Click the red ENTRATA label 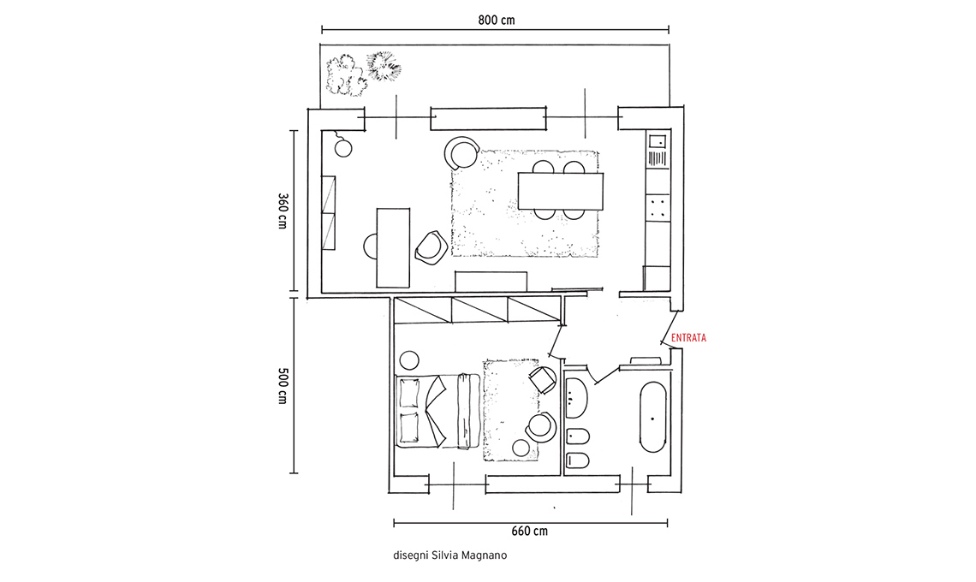click(688, 338)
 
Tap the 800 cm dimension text click(496, 20)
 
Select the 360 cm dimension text click(283, 211)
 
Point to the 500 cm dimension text click(283, 384)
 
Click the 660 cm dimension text click(530, 531)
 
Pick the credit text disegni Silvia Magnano click(450, 555)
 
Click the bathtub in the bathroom click(652, 417)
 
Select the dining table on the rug click(561, 191)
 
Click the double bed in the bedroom click(438, 411)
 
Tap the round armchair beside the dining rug click(461, 152)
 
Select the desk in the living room click(393, 247)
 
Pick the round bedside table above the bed click(409, 359)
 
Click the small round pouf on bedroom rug click(521, 448)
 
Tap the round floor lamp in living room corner click(343, 148)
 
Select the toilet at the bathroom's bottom click(578, 460)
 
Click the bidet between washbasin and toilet click(578, 437)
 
